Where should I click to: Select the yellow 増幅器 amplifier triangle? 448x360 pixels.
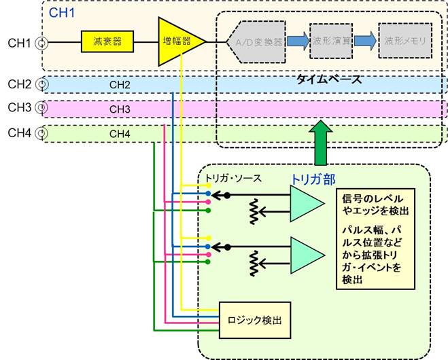point(177,41)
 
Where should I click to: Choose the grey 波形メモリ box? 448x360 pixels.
point(406,41)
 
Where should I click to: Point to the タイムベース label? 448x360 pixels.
point(328,79)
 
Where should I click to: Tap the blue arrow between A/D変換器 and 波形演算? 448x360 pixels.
point(297,41)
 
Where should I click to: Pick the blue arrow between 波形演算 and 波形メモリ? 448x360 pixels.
point(366,41)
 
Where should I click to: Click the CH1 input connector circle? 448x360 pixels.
point(42,43)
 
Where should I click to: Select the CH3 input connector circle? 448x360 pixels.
point(42,107)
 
